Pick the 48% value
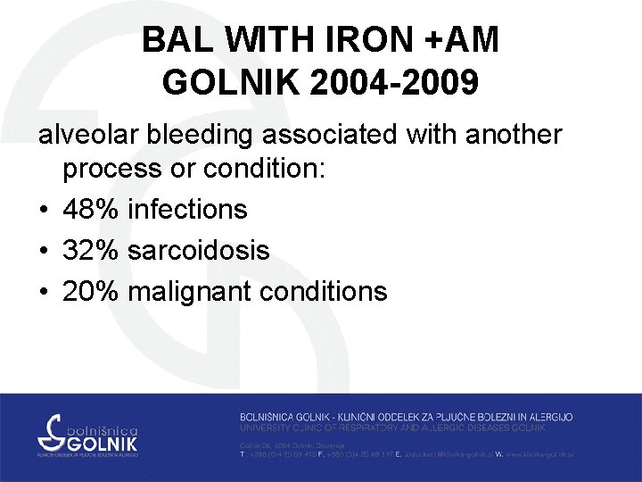point(92,210)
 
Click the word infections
point(187,210)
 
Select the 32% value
point(92,251)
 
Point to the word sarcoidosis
point(198,251)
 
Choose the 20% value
point(92,292)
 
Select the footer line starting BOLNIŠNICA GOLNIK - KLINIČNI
point(406,417)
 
